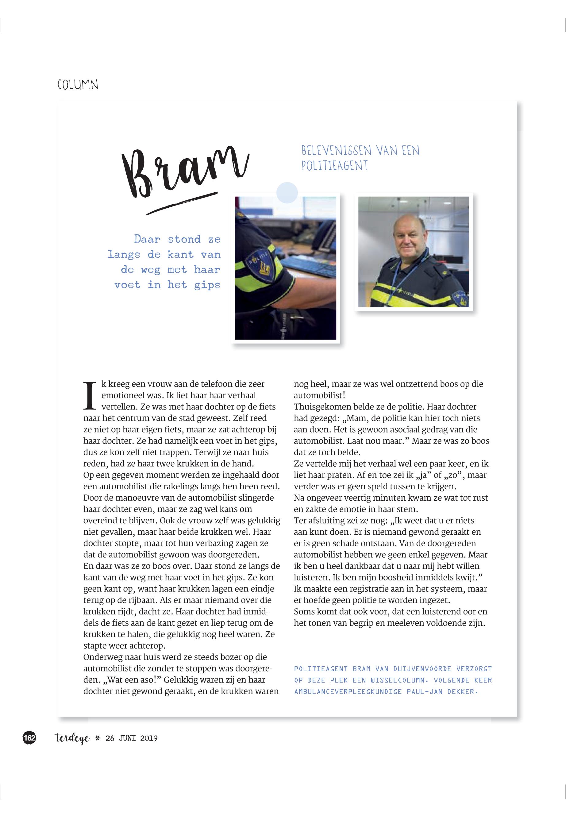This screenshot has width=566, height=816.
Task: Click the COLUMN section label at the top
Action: [x=78, y=85]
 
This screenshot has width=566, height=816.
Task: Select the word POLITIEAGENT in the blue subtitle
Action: [x=334, y=166]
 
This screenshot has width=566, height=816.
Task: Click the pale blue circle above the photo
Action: [x=287, y=193]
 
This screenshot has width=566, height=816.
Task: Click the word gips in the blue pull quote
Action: [x=207, y=285]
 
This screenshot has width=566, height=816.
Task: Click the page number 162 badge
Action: [x=29, y=738]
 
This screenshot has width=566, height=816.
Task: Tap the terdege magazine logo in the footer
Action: [x=72, y=738]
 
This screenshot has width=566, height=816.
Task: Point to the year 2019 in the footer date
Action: [x=149, y=738]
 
